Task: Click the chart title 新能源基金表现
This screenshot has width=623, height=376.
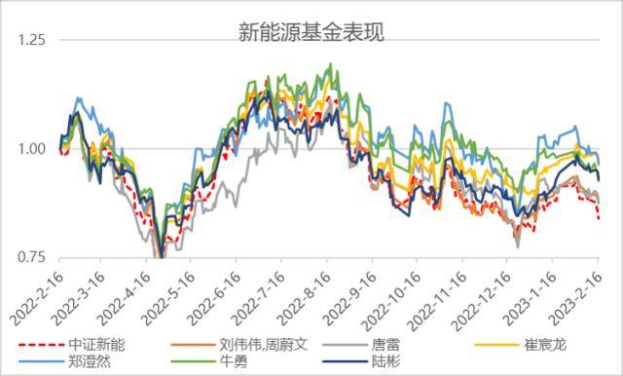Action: [311, 32]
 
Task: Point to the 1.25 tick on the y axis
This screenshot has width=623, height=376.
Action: [31, 41]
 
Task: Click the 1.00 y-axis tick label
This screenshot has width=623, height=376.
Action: [31, 149]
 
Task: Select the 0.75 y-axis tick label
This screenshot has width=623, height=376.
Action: [31, 257]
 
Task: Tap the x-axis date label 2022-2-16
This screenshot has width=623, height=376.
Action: [36, 295]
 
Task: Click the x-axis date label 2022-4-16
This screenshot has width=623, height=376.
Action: [125, 295]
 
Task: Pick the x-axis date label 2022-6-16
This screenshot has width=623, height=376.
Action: [214, 295]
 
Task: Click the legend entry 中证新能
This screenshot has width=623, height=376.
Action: [97, 344]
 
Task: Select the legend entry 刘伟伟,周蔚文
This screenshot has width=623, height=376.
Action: [259, 344]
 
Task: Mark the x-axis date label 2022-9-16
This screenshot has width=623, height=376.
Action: [348, 295]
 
